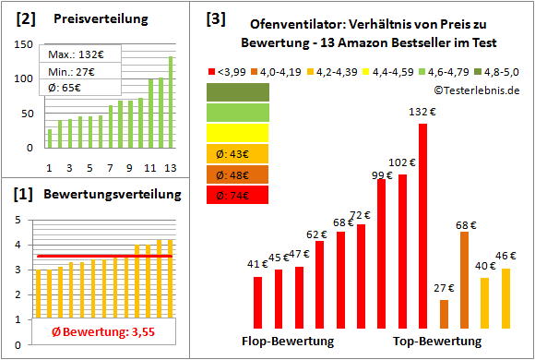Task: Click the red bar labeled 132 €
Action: tap(423, 225)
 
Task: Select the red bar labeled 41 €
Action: tap(257, 302)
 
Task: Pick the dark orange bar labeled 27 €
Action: tap(444, 313)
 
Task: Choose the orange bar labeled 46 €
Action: tap(505, 297)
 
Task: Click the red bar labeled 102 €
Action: tap(402, 250)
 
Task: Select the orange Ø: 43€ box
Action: tap(239, 153)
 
